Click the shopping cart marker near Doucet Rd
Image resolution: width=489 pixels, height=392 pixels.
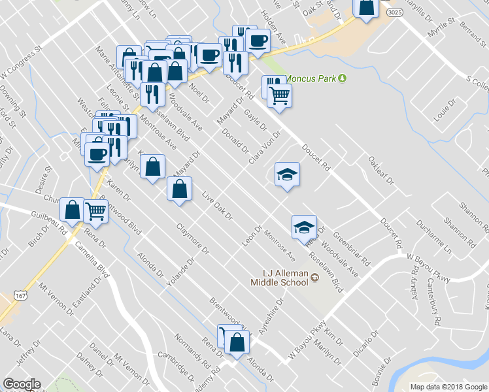pyautogui.click(x=280, y=95)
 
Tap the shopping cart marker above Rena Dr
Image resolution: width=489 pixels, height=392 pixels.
pyautogui.click(x=96, y=210)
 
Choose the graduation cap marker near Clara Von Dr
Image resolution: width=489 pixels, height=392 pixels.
pyautogui.click(x=287, y=174)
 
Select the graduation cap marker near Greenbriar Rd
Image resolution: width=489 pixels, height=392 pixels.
pyautogui.click(x=304, y=227)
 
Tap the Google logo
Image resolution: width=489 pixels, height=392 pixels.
pyautogui.click(x=22, y=384)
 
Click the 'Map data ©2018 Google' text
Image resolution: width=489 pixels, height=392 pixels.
pyautogui.click(x=448, y=386)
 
